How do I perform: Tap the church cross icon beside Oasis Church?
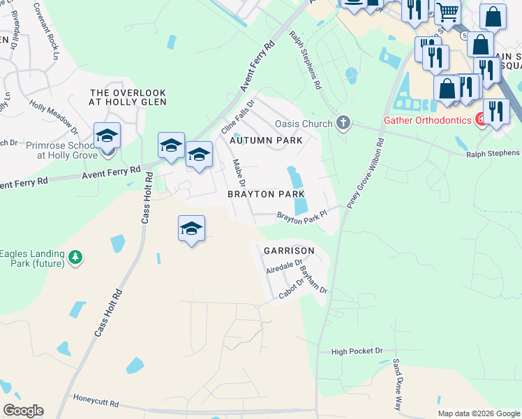click(x=343, y=124)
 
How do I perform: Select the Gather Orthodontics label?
click(x=428, y=119)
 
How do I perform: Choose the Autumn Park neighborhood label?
click(x=267, y=140)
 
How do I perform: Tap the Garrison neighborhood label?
click(x=289, y=250)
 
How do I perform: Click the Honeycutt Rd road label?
click(x=96, y=404)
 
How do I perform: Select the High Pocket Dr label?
click(x=357, y=351)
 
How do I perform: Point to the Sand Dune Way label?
click(x=398, y=383)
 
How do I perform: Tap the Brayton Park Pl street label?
click(x=301, y=219)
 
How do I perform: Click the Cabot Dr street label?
click(x=292, y=288)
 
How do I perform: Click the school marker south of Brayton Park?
click(x=191, y=229)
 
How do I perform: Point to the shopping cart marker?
click(x=447, y=11)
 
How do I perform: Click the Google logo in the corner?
click(x=24, y=411)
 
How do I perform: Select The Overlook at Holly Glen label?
click(x=128, y=97)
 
